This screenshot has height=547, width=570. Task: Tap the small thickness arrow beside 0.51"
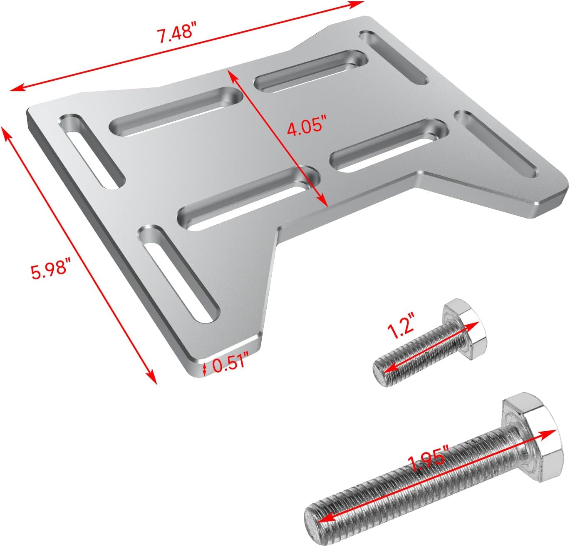point(204,368)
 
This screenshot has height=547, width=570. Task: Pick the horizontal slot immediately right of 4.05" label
point(389,145)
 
